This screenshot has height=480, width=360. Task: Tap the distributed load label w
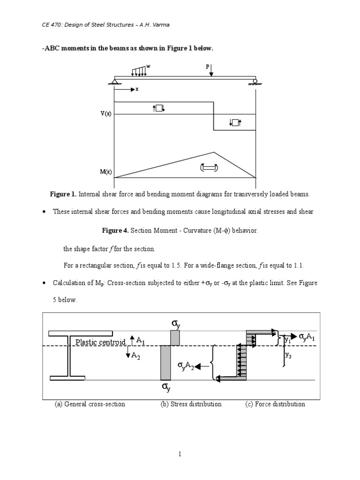[x=149, y=67]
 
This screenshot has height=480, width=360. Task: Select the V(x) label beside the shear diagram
[x=105, y=114]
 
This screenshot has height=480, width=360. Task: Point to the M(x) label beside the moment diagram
[x=105, y=172]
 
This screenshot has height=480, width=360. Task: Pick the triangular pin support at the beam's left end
[x=114, y=82]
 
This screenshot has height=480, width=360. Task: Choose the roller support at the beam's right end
[x=255, y=82]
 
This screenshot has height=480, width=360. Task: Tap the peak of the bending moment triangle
[x=214, y=152]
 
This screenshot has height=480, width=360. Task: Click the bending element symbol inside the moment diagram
[x=209, y=167]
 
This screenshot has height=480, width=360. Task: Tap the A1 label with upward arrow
[x=137, y=340]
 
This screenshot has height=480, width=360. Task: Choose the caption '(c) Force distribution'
[x=275, y=404]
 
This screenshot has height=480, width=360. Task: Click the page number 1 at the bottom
[x=180, y=454]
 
